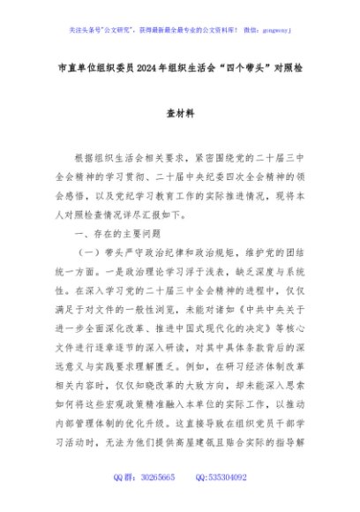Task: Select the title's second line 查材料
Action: click(x=179, y=112)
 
